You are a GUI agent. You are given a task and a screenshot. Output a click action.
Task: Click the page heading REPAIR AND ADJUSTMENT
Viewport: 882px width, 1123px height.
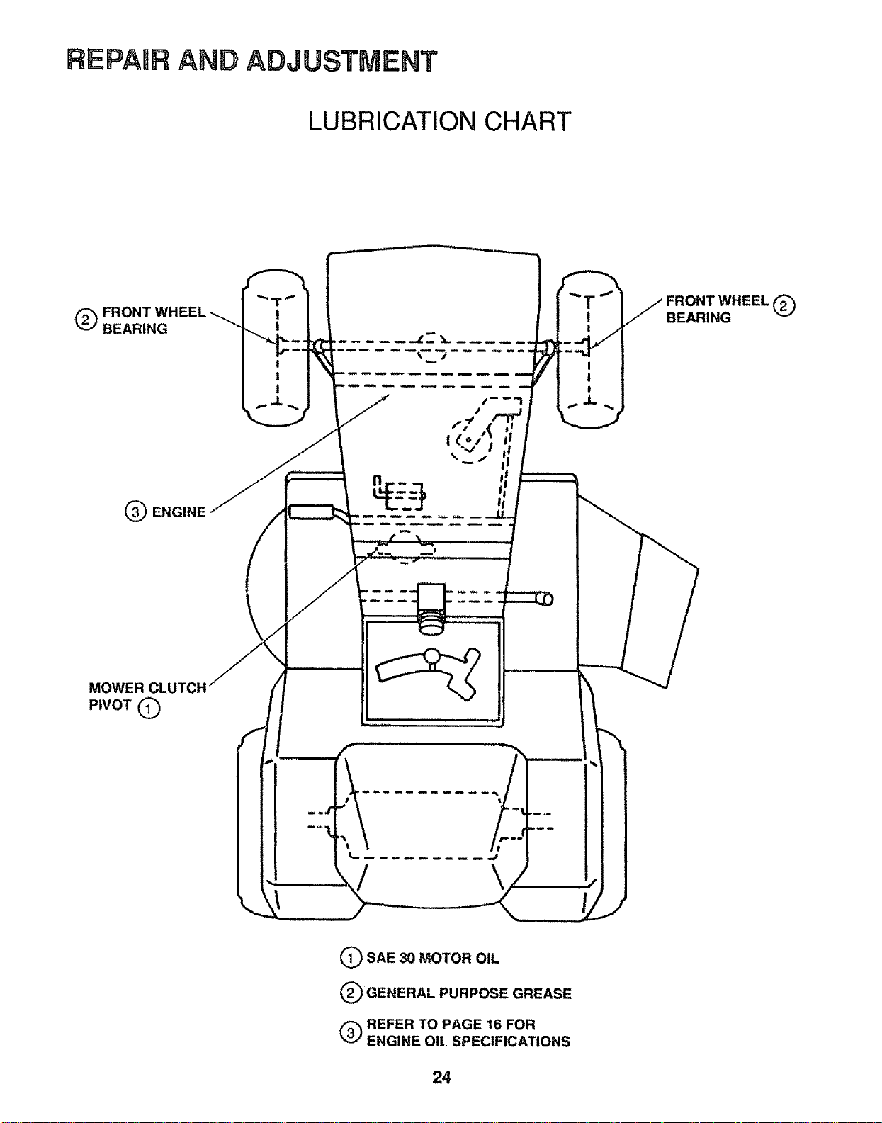(x=251, y=60)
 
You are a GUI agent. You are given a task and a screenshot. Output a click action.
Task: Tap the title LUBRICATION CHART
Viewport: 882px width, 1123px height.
(x=440, y=122)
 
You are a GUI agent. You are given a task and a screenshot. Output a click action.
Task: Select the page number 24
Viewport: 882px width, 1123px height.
(x=441, y=1078)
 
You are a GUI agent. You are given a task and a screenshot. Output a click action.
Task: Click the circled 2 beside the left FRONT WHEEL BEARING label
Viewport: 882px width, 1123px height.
(x=85, y=320)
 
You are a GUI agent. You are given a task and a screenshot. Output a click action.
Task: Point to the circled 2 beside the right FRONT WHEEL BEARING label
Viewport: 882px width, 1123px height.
(x=784, y=306)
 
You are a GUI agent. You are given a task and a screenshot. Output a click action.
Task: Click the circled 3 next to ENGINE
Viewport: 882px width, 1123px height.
(x=135, y=512)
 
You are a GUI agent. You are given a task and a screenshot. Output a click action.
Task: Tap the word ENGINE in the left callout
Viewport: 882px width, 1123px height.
(x=179, y=512)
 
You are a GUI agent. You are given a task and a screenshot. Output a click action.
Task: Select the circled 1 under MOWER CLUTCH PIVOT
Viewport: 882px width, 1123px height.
(x=149, y=709)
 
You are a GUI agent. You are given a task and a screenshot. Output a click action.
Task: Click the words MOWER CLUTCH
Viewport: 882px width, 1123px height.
(x=148, y=688)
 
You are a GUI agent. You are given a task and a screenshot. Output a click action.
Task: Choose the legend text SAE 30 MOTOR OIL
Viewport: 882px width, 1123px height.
(x=432, y=958)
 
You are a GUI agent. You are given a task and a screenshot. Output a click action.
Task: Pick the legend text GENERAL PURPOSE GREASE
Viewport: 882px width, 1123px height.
(x=469, y=993)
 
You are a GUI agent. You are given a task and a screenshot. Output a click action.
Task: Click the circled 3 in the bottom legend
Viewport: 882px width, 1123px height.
(x=350, y=1033)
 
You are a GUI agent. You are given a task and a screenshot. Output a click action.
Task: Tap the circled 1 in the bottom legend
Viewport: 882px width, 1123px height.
(x=350, y=958)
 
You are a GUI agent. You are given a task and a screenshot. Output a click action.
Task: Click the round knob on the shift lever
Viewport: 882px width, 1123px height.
(x=432, y=656)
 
